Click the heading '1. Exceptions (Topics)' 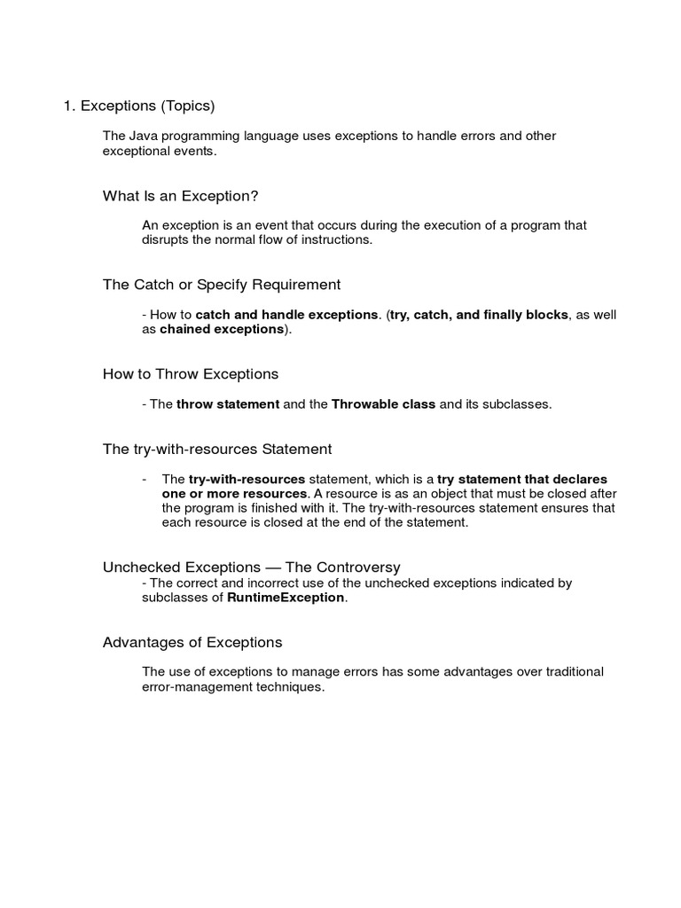point(139,106)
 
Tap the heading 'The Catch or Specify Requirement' point(222,285)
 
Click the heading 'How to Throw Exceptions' point(191,374)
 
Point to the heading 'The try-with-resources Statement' point(217,450)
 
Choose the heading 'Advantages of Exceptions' point(192,642)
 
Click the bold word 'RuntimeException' point(286,598)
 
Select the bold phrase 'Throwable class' point(383,404)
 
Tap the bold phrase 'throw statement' point(228,404)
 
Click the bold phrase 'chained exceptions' point(222,329)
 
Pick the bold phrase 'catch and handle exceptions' point(286,315)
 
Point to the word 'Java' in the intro point(142,136)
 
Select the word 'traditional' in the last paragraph point(570,672)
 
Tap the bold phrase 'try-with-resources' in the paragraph point(247,479)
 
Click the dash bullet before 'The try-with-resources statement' point(145,479)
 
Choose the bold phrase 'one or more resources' point(235,493)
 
